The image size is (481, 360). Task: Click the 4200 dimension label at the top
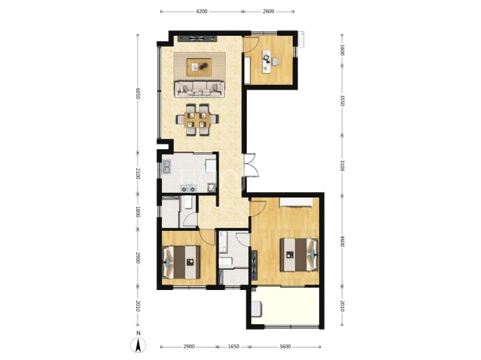pos(202,12)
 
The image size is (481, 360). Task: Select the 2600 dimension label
pos(269,12)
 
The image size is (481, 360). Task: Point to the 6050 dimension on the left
pos(138,93)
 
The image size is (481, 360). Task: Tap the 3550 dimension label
pos(342,101)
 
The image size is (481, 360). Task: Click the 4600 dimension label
pos(342,240)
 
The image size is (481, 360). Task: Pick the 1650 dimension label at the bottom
pos(233,347)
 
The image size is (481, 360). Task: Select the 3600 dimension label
pos(285,347)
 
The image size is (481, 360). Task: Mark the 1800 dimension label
pos(138,211)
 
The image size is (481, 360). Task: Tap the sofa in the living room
pos(199,89)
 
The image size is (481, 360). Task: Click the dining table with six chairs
pos(197,120)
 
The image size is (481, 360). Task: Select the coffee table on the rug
pos(199,67)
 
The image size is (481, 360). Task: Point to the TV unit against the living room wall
pos(197,39)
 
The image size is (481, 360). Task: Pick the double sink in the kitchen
pos(167,166)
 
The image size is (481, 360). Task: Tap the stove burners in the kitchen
pos(188,188)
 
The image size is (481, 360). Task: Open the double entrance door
pos(250,165)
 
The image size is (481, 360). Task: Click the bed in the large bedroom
pos(298,254)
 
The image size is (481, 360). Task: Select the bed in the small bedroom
pos(181,262)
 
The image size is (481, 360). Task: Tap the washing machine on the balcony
pos(257,309)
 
